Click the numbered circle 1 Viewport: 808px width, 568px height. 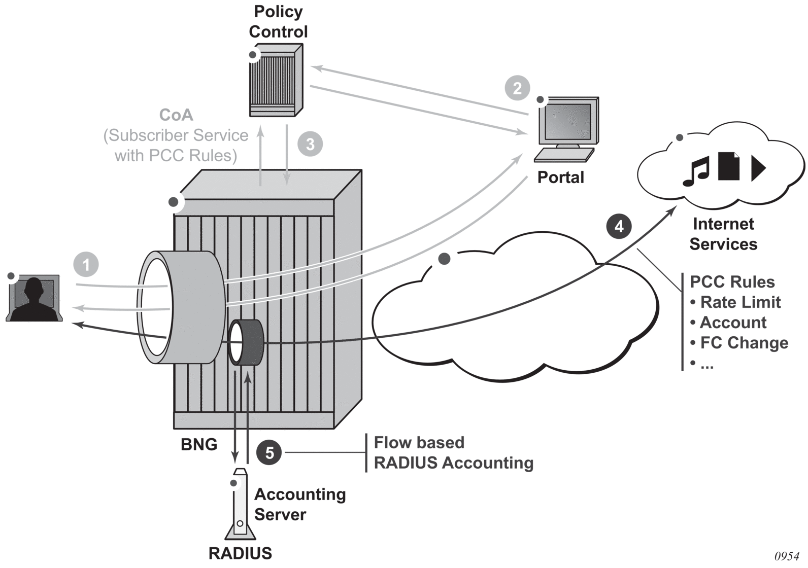86,265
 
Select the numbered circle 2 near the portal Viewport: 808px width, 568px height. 517,88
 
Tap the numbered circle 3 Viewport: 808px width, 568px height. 310,144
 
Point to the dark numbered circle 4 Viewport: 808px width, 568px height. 619,226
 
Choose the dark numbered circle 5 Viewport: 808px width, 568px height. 270,452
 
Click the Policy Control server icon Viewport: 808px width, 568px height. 275,81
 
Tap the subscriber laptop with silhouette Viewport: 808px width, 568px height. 34,299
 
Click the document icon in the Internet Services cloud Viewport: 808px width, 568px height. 728,166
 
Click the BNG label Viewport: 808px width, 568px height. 199,445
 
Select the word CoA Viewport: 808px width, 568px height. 176,115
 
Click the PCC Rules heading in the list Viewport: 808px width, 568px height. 732,282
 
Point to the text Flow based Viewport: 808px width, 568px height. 419,443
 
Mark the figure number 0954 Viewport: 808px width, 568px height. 787,556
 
